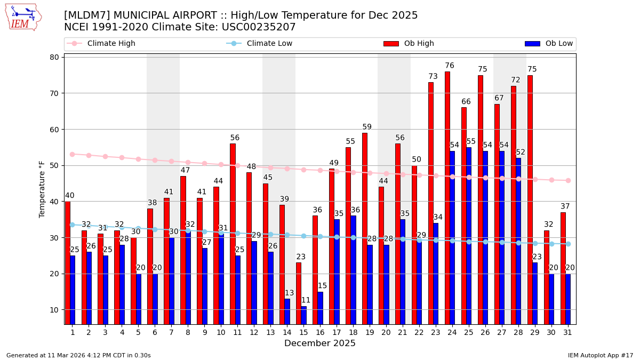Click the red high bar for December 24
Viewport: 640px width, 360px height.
(447, 197)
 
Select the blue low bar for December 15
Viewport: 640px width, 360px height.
(303, 315)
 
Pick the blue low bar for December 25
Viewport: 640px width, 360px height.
(469, 235)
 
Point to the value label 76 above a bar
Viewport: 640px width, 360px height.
(450, 66)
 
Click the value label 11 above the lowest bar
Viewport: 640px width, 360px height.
(306, 300)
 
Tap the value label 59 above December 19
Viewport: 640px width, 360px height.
(367, 127)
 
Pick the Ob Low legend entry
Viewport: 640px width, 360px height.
(549, 44)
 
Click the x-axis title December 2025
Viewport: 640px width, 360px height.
(320, 343)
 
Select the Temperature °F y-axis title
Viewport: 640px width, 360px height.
(42, 189)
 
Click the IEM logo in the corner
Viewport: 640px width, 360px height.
(23, 17)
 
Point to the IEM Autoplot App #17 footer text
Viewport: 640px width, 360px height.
(601, 355)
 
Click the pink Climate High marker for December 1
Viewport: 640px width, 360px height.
(72, 154)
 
